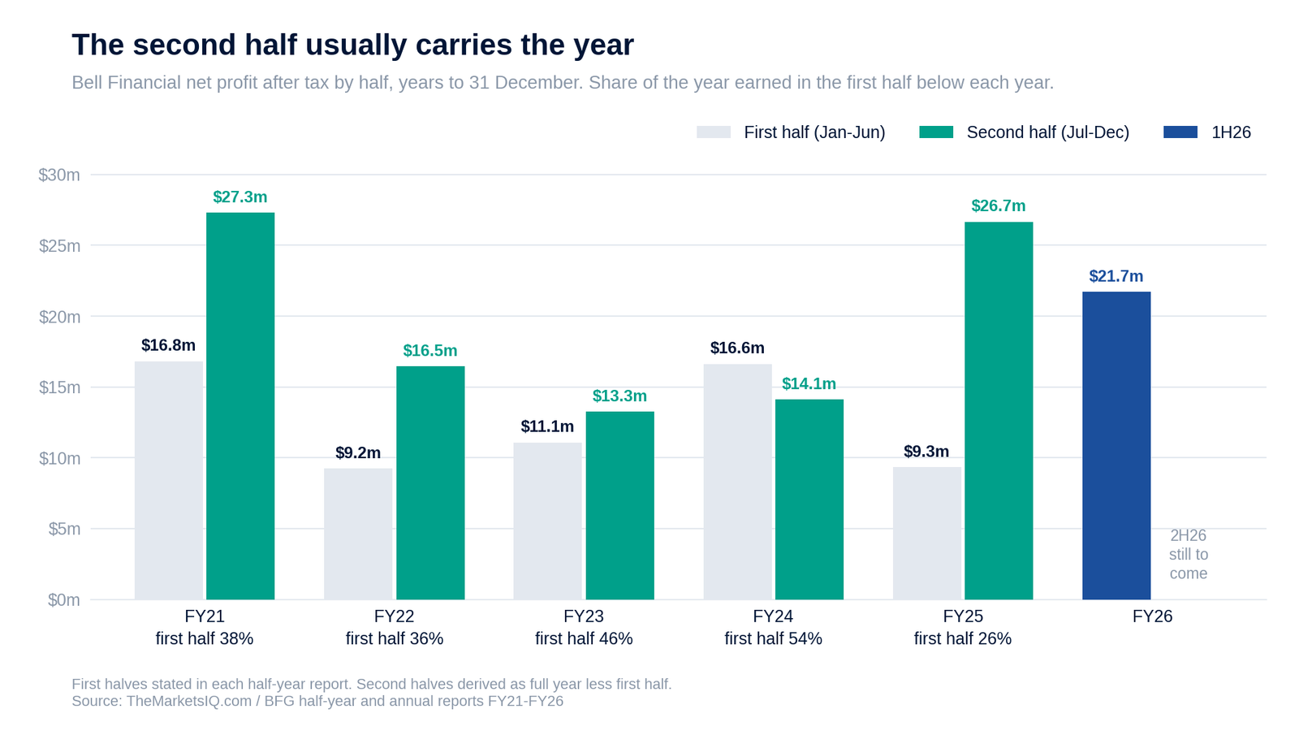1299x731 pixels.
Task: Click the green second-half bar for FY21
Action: click(240, 406)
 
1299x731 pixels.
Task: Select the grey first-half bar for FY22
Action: click(358, 534)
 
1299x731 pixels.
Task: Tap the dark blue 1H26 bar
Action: click(1116, 446)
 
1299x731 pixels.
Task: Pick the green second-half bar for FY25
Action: click(999, 411)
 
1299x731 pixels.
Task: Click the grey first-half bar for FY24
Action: click(738, 482)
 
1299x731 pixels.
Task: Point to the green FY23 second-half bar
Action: click(620, 505)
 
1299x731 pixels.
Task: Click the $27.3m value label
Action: click(240, 197)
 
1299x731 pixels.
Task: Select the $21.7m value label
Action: click(1116, 276)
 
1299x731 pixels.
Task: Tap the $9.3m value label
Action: click(926, 452)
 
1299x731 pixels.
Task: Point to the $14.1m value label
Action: click(809, 384)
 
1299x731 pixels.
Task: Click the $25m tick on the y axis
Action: click(60, 246)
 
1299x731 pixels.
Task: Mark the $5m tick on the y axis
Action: click(64, 529)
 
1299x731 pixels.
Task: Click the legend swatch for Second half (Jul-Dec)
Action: click(936, 132)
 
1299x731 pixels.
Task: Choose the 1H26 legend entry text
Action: click(1231, 132)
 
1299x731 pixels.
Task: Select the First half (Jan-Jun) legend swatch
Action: click(714, 132)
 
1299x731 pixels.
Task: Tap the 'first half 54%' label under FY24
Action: click(773, 638)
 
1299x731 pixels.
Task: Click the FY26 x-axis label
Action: click(1152, 616)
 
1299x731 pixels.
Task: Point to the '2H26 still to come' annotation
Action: click(1189, 554)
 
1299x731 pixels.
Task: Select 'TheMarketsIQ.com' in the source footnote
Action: click(189, 702)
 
